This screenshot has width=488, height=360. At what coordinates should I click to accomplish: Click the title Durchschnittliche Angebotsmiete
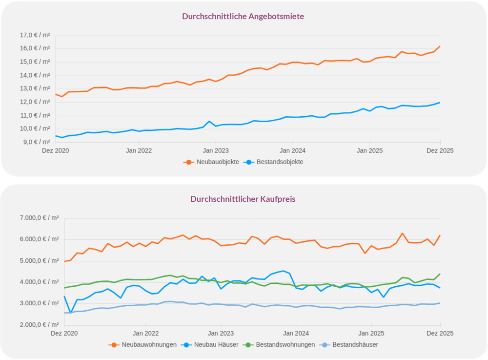[243, 16]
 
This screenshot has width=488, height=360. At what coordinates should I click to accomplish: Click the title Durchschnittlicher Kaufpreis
[243, 199]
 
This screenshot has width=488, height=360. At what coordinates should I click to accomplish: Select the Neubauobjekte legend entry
[211, 162]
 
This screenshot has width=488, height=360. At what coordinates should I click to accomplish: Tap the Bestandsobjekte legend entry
[275, 162]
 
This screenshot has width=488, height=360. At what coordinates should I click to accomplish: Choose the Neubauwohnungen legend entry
[144, 344]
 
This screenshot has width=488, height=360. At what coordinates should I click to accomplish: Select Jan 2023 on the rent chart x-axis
[215, 150]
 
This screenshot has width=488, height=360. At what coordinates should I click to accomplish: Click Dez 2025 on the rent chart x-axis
[440, 150]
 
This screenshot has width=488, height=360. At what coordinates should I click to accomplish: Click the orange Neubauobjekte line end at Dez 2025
[440, 46]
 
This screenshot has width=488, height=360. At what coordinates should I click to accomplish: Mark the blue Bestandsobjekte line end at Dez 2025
[440, 103]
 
